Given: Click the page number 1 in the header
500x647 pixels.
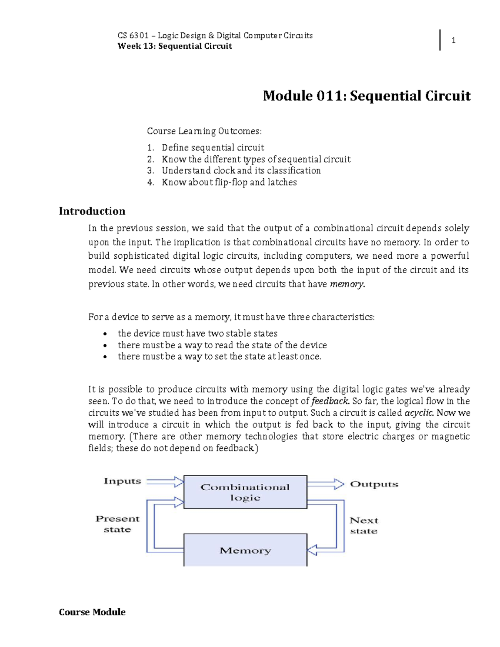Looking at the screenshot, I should (453, 40).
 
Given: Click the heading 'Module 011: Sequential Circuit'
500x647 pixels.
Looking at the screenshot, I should (366, 96).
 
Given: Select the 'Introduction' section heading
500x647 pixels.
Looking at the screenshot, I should (92, 211).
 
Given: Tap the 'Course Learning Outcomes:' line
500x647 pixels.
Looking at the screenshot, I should (204, 131).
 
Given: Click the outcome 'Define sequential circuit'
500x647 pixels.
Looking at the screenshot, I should (212, 147).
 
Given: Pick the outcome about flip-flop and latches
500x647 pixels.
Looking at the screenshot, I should (229, 182).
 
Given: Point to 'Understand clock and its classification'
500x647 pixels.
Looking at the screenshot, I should (241, 170).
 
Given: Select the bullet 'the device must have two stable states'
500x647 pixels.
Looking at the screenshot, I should (197, 333).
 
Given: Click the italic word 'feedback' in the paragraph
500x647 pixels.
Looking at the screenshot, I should (330, 401).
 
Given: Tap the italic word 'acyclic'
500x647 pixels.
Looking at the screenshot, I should (419, 413).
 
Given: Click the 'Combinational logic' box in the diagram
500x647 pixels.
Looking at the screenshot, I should (245, 492).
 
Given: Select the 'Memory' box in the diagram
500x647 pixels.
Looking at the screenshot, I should (245, 550).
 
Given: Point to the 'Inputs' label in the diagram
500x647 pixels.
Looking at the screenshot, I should (122, 481).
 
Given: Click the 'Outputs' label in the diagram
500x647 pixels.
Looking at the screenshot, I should (374, 484).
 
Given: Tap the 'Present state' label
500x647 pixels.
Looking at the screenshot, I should (117, 524).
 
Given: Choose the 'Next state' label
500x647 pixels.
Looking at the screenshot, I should (364, 525).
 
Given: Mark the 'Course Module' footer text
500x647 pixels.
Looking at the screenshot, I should (92, 612).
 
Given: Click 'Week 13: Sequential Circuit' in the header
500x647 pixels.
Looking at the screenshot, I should (175, 46).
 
